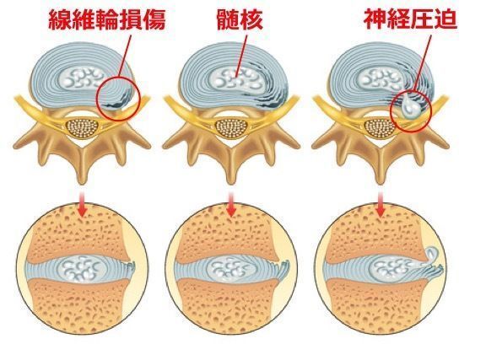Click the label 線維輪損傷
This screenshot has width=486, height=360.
click(x=107, y=20)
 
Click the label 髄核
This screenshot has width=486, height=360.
click(x=240, y=20)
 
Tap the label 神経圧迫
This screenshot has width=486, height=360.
click(x=410, y=19)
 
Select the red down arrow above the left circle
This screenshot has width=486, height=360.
click(x=82, y=204)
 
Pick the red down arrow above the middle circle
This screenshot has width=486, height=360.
click(x=231, y=204)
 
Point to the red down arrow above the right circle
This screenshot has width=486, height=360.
click(x=381, y=204)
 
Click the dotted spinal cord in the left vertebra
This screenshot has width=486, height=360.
click(x=82, y=128)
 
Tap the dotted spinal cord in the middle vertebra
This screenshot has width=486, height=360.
click(x=231, y=128)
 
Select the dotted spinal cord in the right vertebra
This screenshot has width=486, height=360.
click(x=380, y=128)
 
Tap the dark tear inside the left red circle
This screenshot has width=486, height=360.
click(x=117, y=99)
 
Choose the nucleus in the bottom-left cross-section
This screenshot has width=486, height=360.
click(x=82, y=267)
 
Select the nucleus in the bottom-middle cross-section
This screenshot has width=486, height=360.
click(x=232, y=267)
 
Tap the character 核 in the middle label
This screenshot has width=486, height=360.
click(x=252, y=20)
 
